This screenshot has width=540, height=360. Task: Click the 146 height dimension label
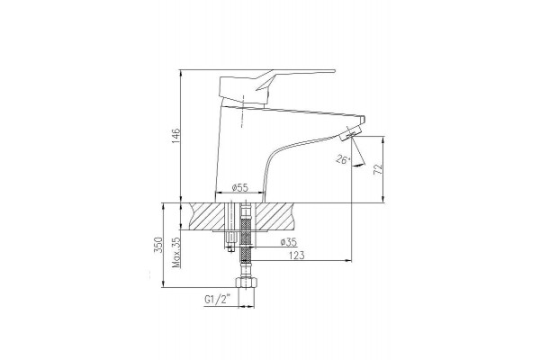(175, 136)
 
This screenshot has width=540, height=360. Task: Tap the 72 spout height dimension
(378, 169)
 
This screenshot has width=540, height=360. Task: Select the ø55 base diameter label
(240, 188)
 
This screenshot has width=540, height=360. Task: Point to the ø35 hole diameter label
(289, 242)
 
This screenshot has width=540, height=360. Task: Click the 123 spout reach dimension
(296, 256)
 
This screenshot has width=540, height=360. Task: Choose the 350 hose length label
(157, 245)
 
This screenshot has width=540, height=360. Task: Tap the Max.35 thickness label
(176, 252)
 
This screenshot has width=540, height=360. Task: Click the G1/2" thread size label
(217, 300)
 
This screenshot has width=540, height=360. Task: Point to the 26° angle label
(343, 159)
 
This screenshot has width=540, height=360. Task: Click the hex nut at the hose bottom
(247, 283)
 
